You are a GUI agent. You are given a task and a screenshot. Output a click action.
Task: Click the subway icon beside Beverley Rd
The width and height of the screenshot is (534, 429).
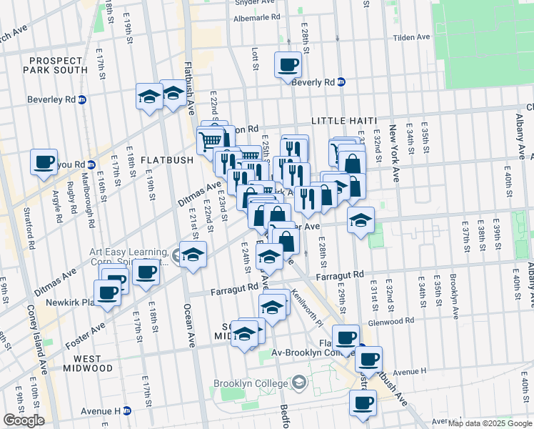tap(82, 100)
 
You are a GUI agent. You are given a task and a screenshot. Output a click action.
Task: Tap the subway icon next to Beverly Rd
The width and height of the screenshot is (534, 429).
tap(341, 82)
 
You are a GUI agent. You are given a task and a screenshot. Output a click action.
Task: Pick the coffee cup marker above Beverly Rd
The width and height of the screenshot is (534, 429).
tap(288, 64)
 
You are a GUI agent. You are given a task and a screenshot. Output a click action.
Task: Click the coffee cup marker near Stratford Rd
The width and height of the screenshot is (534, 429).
tap(44, 162)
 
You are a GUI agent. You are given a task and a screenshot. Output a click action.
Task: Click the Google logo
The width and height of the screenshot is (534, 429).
tap(24, 420)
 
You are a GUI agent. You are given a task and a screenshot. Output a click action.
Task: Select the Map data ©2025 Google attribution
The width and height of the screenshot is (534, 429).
tap(489, 423)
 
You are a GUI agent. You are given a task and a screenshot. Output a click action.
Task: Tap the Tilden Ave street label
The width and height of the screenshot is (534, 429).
tap(414, 37)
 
